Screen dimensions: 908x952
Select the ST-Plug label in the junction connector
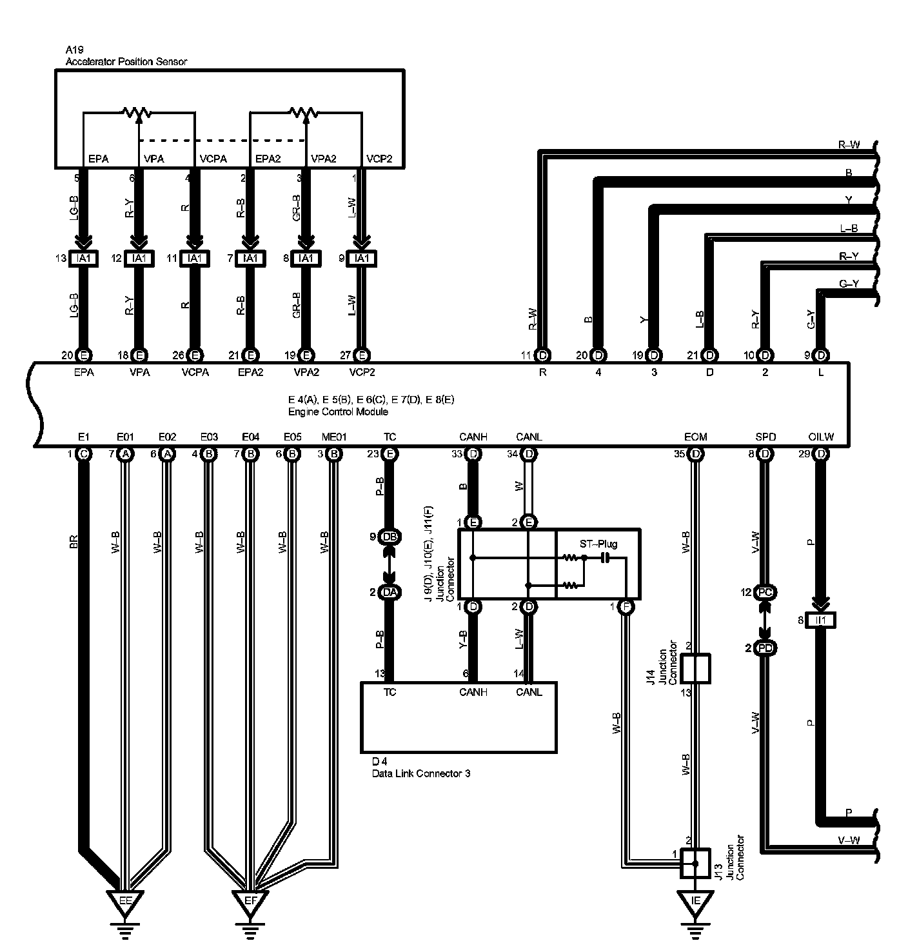tap(598, 544)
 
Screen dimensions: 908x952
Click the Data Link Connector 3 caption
tap(420, 773)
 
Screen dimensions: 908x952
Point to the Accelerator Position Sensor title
tap(126, 62)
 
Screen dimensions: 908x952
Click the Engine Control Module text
tap(338, 411)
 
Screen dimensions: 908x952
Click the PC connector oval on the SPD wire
tap(765, 592)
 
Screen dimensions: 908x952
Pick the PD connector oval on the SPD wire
tap(765, 648)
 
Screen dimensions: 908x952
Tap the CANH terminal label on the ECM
tap(473, 437)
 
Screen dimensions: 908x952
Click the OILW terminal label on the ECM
tap(820, 437)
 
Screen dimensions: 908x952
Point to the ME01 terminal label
tap(333, 437)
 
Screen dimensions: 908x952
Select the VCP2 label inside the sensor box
tap(379, 159)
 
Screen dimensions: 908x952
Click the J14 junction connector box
tap(695, 668)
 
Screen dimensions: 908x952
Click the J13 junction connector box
tap(695, 862)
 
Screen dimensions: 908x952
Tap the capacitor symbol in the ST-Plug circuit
tap(605, 557)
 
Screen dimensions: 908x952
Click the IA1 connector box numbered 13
tap(83, 258)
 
